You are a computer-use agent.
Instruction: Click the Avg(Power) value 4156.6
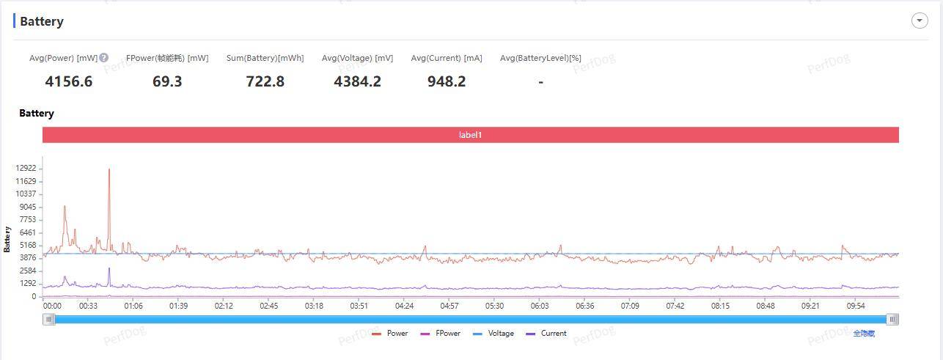tap(69, 81)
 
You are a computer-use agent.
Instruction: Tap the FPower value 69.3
tap(167, 81)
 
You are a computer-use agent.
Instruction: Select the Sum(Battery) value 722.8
tap(265, 81)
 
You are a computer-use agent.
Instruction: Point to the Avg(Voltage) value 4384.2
tap(357, 81)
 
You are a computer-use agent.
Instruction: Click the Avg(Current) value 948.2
tap(447, 81)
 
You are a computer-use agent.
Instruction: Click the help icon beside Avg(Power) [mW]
tap(104, 58)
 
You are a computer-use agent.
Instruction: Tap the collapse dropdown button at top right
tap(920, 21)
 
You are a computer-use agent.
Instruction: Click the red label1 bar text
tap(470, 135)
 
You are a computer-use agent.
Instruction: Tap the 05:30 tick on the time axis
tap(494, 306)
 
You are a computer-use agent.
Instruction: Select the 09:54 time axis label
tap(856, 306)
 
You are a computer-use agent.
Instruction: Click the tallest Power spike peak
tap(109, 169)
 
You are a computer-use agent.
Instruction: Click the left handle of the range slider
tap(49, 319)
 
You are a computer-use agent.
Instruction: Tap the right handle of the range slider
tap(892, 319)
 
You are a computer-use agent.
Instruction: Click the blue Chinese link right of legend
tap(864, 333)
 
